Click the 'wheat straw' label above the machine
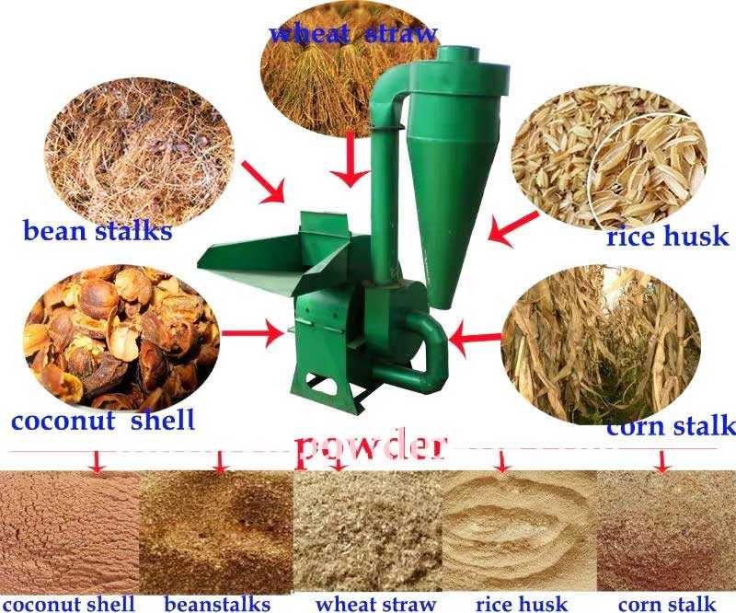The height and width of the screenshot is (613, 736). (x=353, y=34)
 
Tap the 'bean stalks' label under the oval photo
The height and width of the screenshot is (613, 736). (x=98, y=231)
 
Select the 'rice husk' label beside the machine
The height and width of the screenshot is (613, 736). (x=668, y=236)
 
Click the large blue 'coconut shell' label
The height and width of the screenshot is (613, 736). (x=103, y=420)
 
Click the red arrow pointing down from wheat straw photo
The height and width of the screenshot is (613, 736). (x=350, y=160)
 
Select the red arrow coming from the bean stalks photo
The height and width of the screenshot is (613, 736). (x=264, y=182)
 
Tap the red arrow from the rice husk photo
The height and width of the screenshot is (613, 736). (x=513, y=229)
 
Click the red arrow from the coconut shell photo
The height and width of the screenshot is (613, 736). (x=253, y=333)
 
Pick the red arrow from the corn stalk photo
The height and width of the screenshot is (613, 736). (x=475, y=338)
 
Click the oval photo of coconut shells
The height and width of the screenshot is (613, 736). (x=121, y=336)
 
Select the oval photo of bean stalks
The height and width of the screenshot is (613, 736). (x=139, y=151)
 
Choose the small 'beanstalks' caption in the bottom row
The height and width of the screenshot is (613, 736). (x=217, y=604)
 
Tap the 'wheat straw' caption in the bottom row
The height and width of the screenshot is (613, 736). (x=376, y=604)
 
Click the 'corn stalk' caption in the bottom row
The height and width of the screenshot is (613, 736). (x=667, y=604)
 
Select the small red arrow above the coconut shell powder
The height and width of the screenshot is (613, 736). (x=98, y=463)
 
